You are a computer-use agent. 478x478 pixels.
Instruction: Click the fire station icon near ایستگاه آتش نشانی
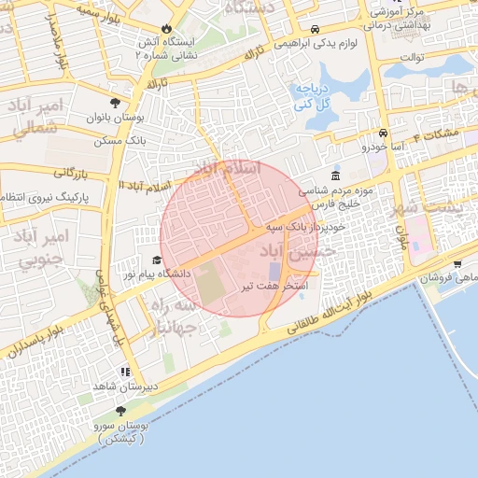tap(167, 30)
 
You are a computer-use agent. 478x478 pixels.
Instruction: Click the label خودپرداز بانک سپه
tap(305, 226)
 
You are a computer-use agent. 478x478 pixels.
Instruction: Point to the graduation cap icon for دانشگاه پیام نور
tap(157, 260)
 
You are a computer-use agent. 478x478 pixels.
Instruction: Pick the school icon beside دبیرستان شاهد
tap(125, 372)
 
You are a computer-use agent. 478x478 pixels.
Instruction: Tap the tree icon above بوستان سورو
tap(120, 410)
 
